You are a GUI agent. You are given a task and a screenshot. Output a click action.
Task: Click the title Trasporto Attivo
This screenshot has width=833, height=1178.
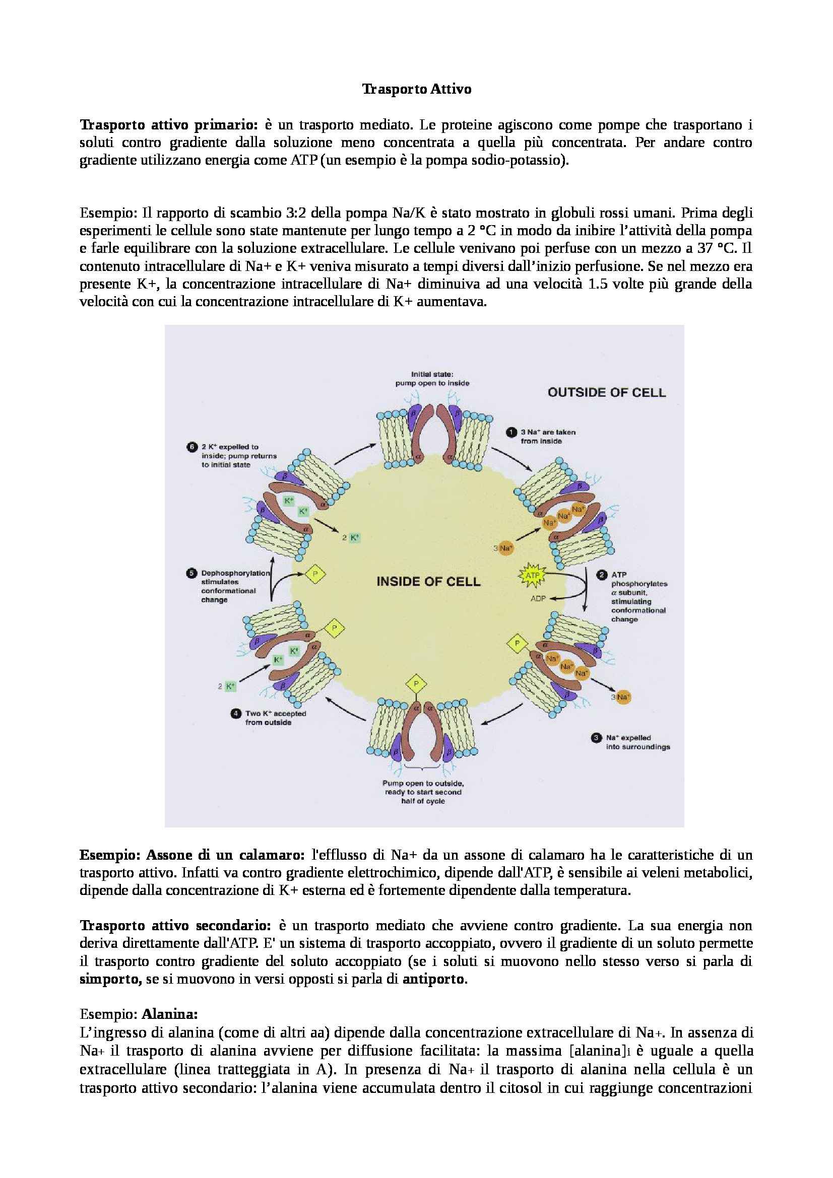(x=416, y=89)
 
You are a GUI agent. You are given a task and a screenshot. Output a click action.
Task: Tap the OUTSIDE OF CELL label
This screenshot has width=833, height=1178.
(x=606, y=392)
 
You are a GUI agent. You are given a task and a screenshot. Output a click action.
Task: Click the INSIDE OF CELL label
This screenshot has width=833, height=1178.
(x=428, y=581)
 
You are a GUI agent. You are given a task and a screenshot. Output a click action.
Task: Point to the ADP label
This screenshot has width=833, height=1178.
(x=538, y=598)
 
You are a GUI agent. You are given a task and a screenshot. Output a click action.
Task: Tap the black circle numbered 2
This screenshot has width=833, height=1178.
(x=602, y=575)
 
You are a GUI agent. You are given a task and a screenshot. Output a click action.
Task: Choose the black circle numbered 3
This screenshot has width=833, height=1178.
(x=596, y=738)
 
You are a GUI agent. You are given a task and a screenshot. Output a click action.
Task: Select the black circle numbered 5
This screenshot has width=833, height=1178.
(x=191, y=573)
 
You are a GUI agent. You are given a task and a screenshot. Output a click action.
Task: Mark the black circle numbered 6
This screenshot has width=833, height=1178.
(x=191, y=447)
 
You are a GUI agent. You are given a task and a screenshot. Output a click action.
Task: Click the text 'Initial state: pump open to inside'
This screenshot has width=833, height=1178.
(x=432, y=379)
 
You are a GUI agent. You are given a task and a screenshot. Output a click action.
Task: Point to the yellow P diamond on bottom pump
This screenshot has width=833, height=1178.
(x=416, y=684)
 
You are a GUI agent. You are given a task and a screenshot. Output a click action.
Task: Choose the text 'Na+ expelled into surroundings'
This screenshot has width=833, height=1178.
(x=637, y=742)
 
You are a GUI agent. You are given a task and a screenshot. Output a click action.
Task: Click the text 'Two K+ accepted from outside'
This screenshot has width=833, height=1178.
(x=275, y=718)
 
